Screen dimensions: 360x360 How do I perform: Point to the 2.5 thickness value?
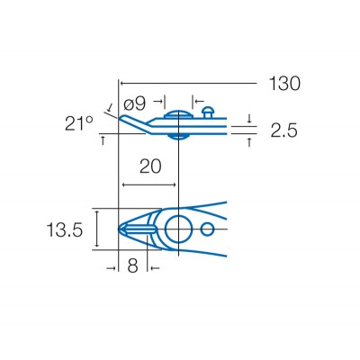pyautogui.click(x=282, y=130)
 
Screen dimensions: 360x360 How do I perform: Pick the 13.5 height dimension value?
pyautogui.click(x=65, y=230)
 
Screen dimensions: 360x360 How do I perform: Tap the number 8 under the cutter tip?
pyautogui.click(x=133, y=267)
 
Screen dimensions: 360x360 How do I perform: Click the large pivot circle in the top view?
pyautogui.click(x=177, y=229)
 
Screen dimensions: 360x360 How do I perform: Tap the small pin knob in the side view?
pyautogui.click(x=209, y=112)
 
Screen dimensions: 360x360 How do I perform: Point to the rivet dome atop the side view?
pyautogui.click(x=176, y=113)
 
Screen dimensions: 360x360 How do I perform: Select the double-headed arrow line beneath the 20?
pyautogui.click(x=150, y=186)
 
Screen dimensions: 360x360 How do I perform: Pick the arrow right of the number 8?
pyautogui.click(x=156, y=267)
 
